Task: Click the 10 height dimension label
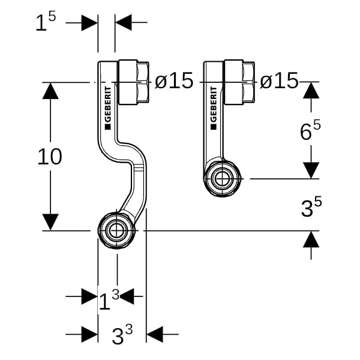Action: (x=50, y=157)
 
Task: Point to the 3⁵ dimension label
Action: (x=310, y=207)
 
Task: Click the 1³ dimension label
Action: (x=109, y=298)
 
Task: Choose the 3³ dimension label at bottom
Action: (x=122, y=335)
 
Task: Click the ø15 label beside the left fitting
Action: (x=174, y=81)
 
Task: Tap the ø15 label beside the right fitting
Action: (x=279, y=81)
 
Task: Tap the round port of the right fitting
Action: (x=222, y=178)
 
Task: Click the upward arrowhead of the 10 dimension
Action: (x=51, y=91)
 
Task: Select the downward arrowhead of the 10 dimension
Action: (x=51, y=221)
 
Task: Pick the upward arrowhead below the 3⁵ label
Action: (x=311, y=239)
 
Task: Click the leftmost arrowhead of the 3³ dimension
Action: (x=89, y=334)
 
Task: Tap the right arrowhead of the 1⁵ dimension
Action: (x=124, y=23)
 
